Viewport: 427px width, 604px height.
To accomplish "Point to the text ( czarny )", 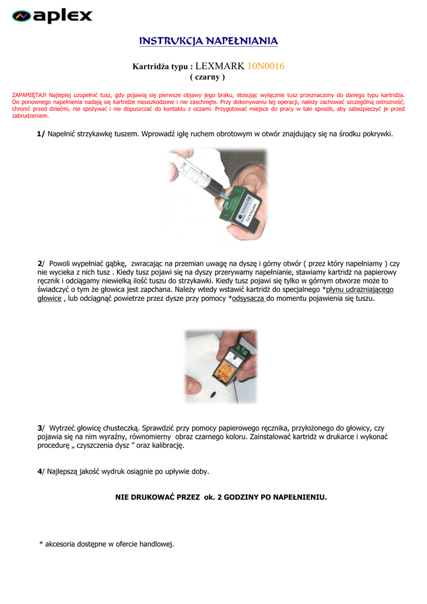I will [208, 77].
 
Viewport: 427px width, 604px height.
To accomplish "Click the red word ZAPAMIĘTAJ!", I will [29, 94].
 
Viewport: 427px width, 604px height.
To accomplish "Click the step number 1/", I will [41, 134].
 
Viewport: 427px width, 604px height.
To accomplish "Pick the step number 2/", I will [41, 263].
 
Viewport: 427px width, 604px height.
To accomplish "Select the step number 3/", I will [41, 428].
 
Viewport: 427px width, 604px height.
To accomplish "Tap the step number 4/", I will [41, 471].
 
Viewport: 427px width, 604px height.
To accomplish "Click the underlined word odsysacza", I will [249, 298].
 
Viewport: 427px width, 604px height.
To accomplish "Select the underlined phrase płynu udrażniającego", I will [360, 290].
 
